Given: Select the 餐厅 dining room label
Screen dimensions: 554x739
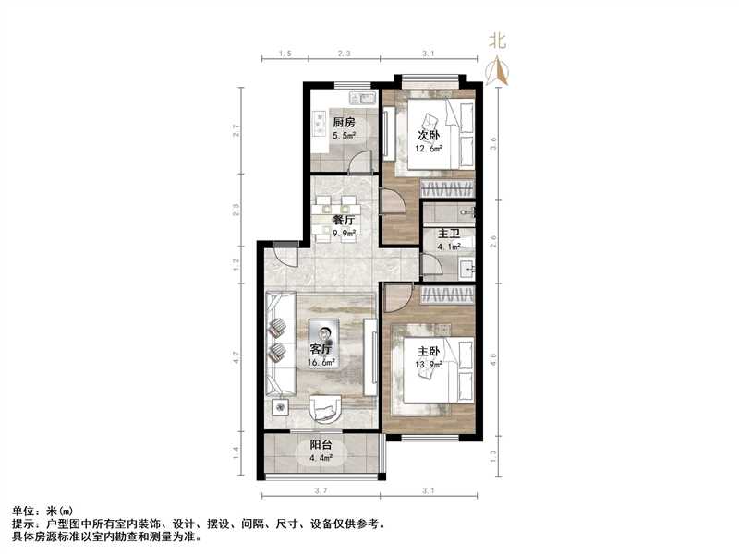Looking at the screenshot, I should pyautogui.click(x=345, y=220).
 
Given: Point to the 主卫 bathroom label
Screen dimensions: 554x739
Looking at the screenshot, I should pyautogui.click(x=449, y=234).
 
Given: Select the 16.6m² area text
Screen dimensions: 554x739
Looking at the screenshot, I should pyautogui.click(x=322, y=362).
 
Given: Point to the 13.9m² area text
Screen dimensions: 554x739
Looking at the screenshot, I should pyautogui.click(x=430, y=365).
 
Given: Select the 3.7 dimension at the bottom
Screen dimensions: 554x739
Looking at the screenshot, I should pyautogui.click(x=320, y=490).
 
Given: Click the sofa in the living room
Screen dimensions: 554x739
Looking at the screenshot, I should pyautogui.click(x=279, y=339).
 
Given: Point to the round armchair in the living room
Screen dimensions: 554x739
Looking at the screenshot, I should pyautogui.click(x=325, y=407).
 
